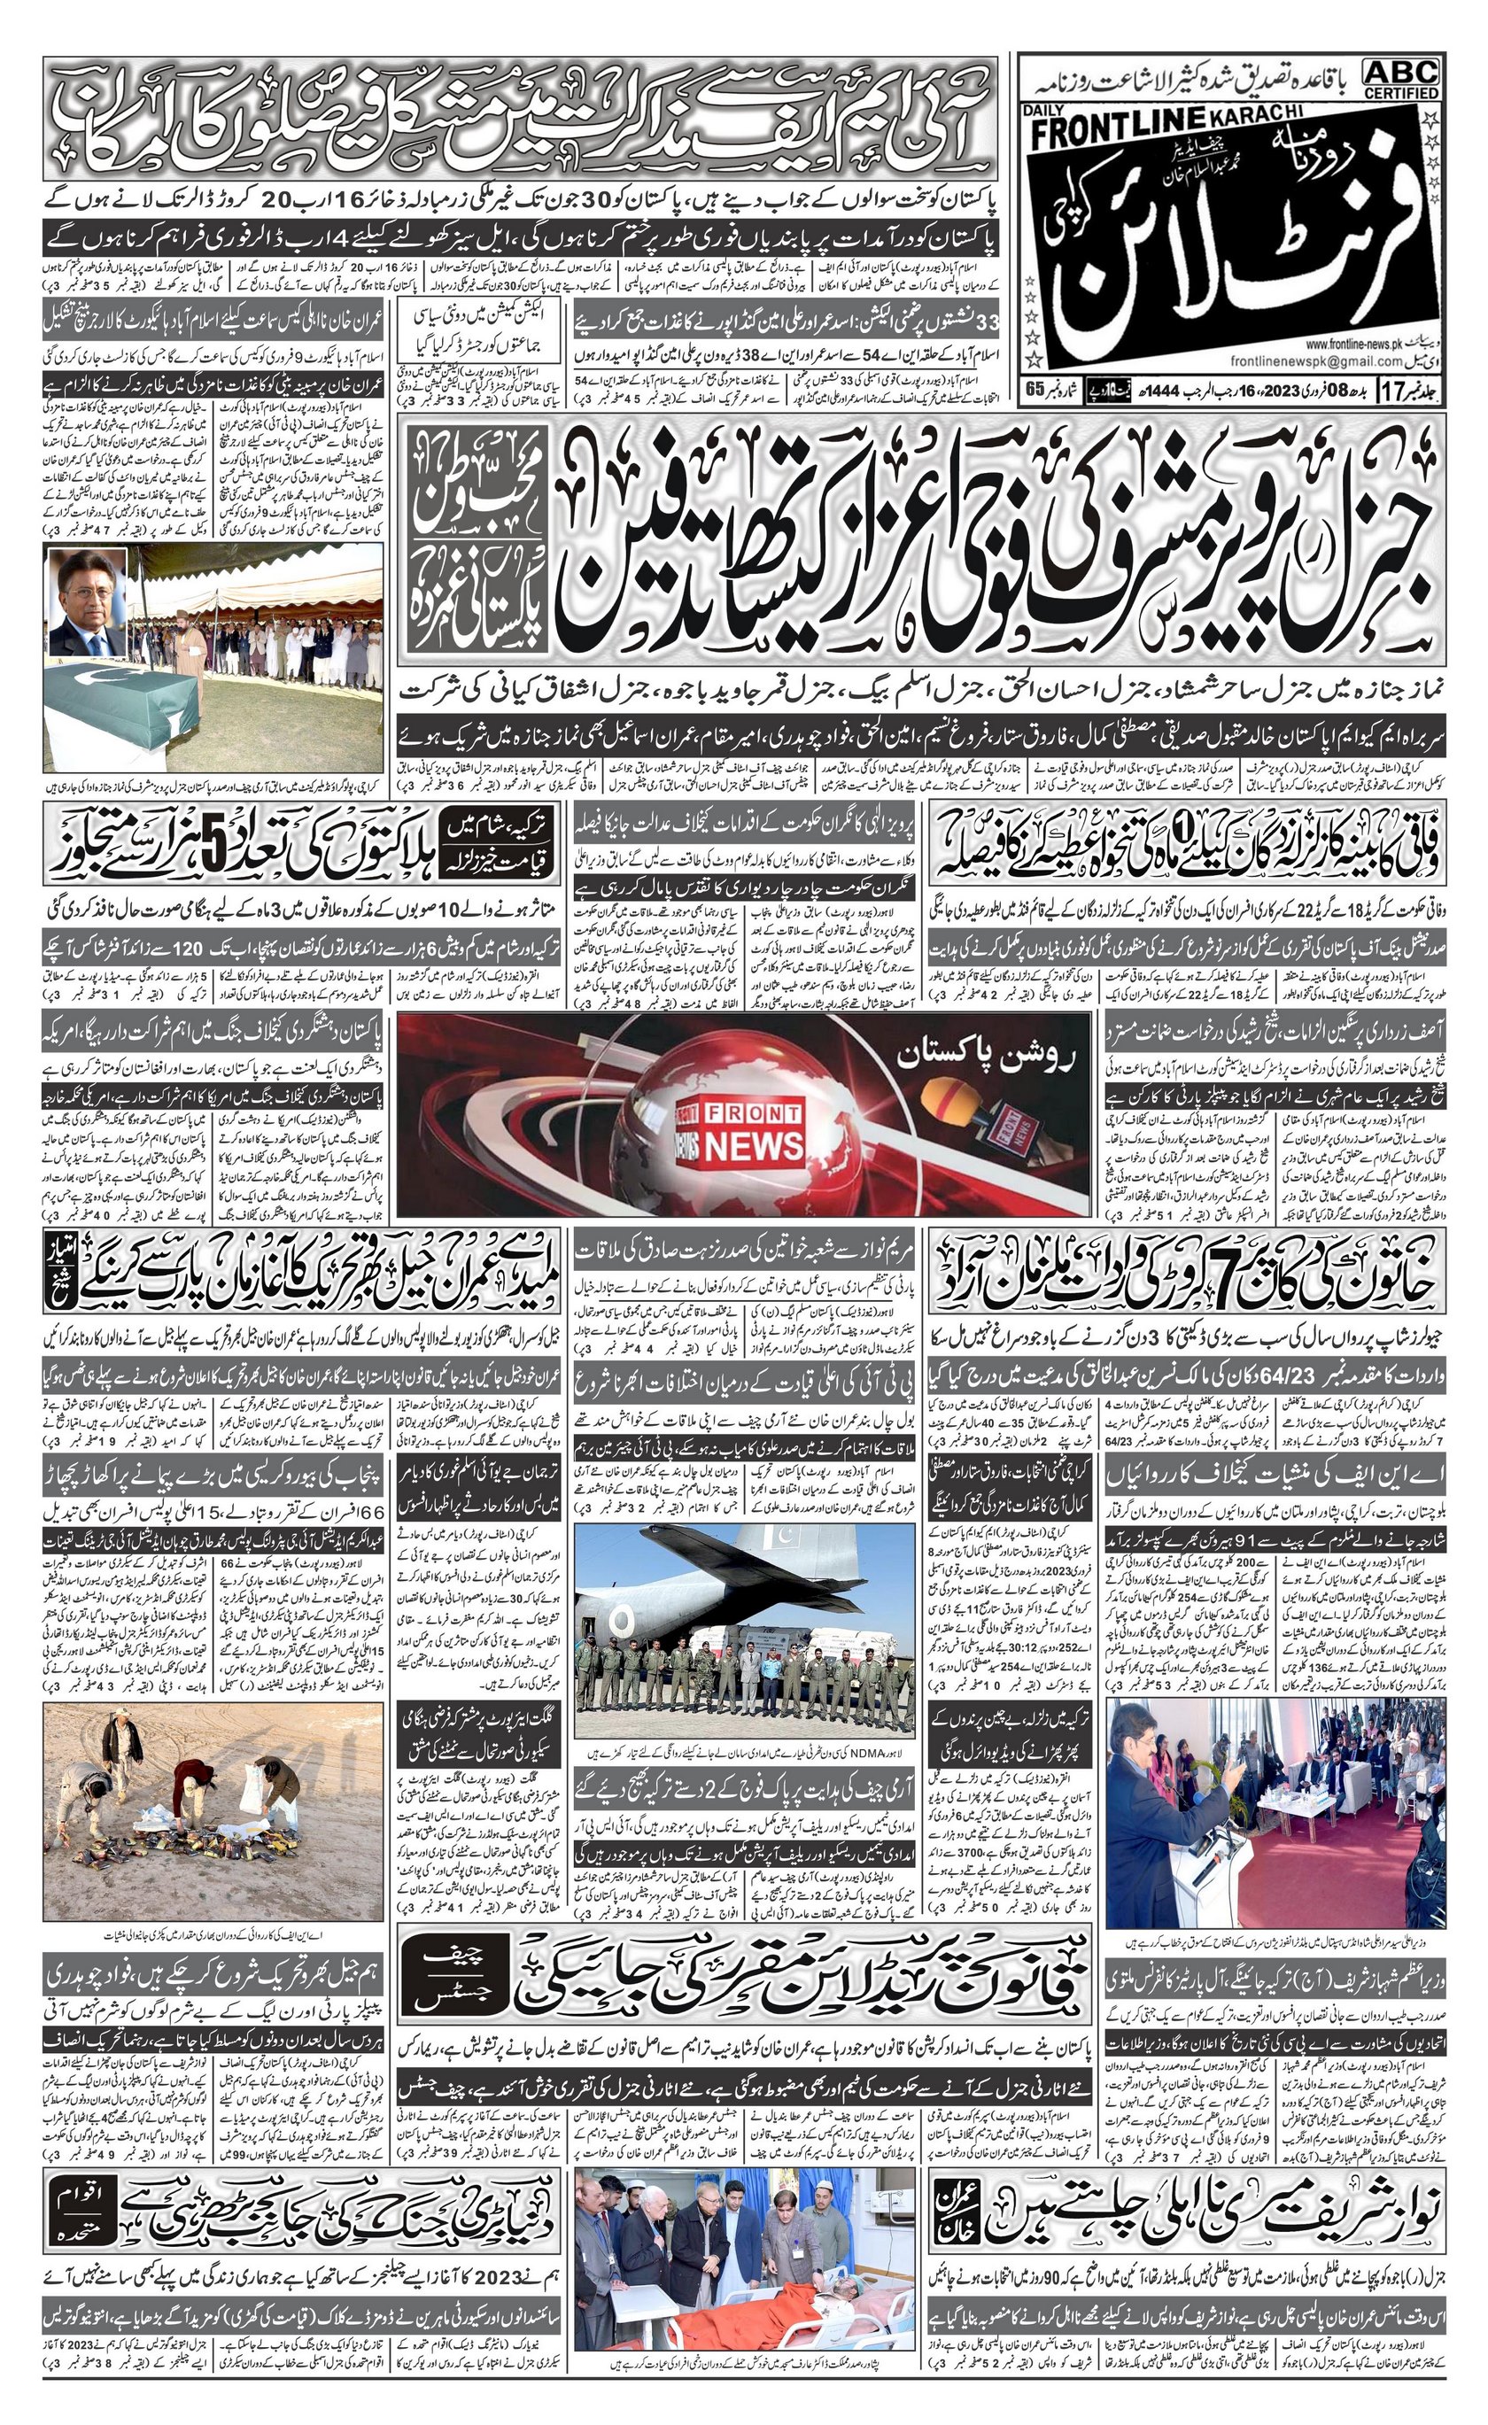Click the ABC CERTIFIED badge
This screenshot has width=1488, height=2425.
[x=1401, y=78]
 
